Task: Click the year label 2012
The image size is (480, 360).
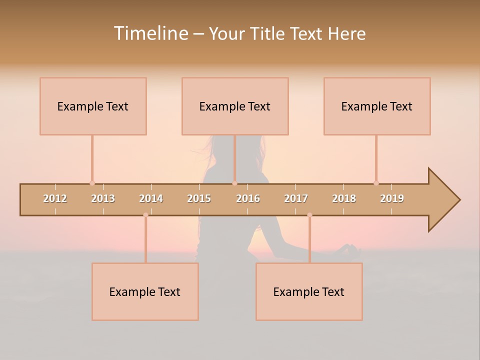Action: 55,198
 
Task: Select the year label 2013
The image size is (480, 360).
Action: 103,198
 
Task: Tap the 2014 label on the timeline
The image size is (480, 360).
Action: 151,198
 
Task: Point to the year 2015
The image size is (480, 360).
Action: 199,198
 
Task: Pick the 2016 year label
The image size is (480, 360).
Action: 248,198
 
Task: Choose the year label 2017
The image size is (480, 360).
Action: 296,198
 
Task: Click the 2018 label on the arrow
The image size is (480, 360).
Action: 344,198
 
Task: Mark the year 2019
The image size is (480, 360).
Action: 392,198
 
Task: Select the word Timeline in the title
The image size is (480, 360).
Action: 150,33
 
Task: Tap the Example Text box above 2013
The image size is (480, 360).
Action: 93,106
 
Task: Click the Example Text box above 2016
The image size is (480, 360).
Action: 235,106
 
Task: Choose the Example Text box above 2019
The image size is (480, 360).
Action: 377,106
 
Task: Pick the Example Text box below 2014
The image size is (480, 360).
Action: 145,291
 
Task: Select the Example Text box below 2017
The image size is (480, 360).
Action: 309,291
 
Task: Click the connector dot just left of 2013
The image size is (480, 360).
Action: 92,183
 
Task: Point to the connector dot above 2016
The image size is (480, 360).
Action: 234,183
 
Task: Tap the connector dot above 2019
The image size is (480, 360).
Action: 376,183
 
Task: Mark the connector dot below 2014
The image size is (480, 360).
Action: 145,215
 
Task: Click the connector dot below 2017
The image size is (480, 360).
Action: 309,215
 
